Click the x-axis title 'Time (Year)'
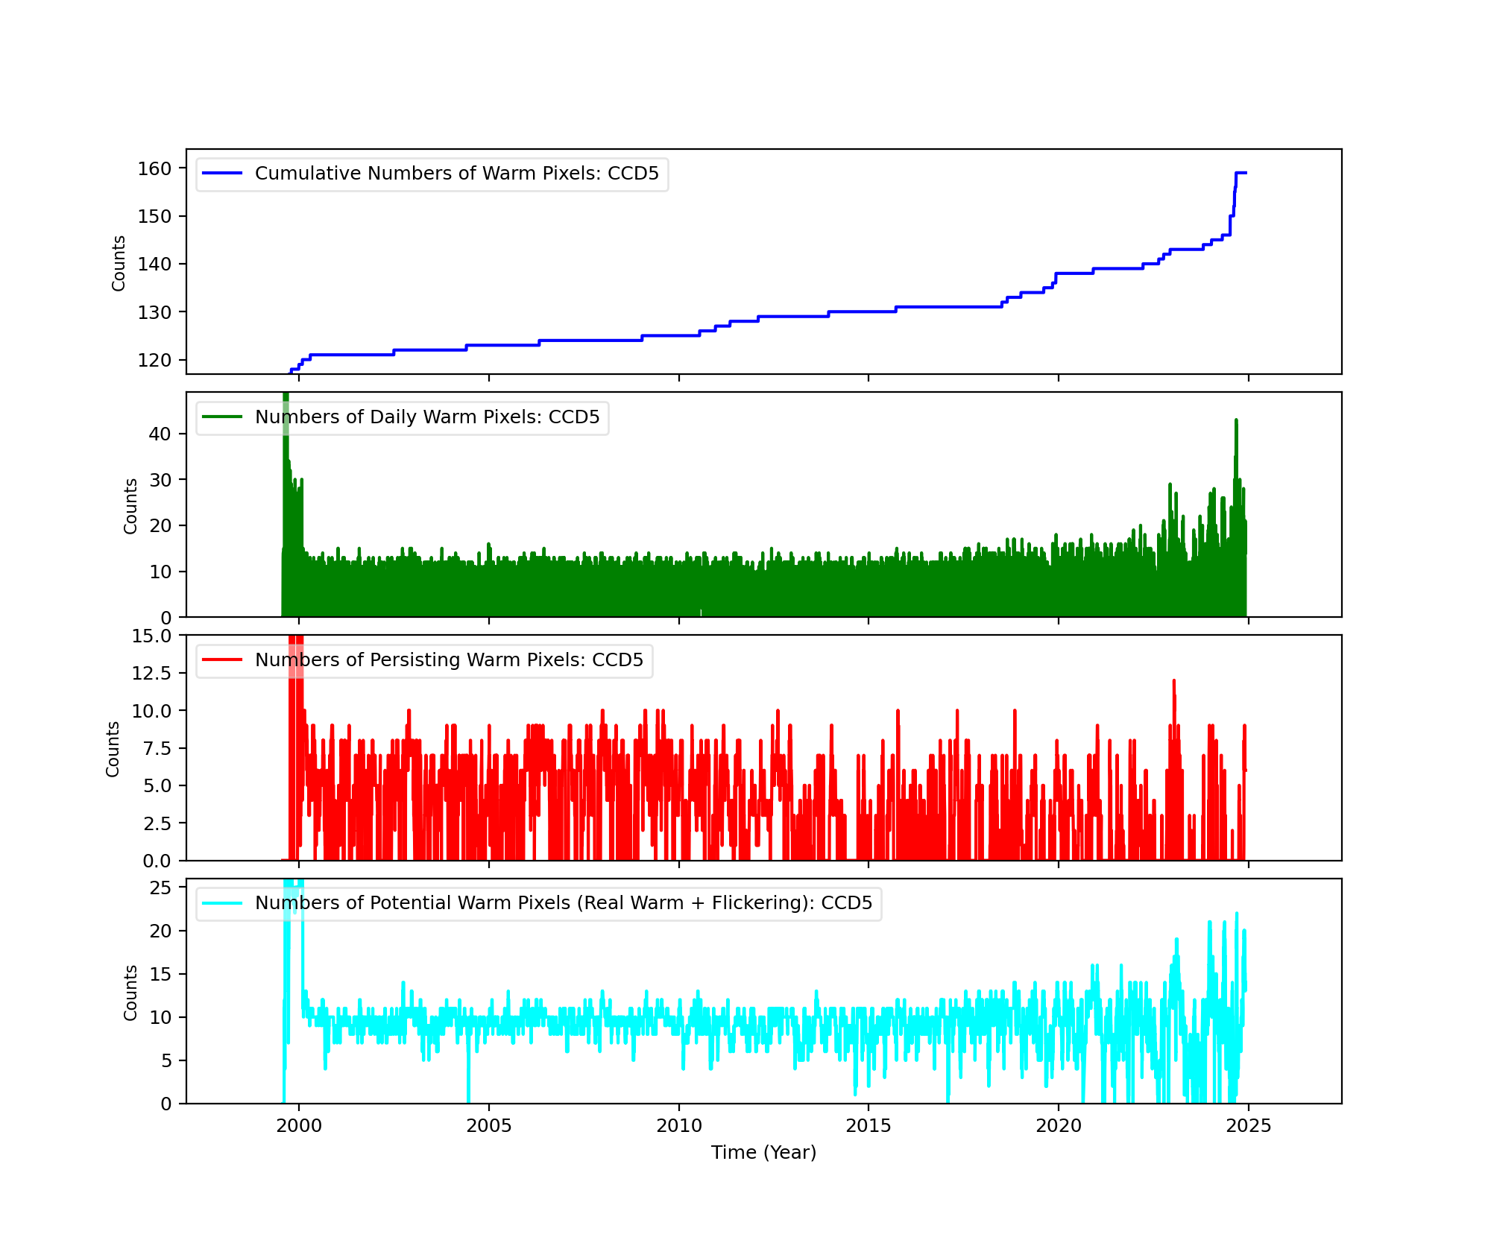click(763, 1153)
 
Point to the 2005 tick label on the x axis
click(488, 1126)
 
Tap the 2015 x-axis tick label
click(869, 1126)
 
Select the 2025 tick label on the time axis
click(1249, 1126)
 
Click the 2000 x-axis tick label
click(298, 1126)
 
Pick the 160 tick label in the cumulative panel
click(154, 169)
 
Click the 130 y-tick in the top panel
click(154, 313)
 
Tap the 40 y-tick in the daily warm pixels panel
click(160, 434)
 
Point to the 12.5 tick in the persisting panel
click(151, 674)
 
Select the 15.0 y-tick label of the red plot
click(151, 636)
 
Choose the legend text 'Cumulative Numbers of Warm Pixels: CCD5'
click(456, 174)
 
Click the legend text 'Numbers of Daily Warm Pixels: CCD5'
click(426, 417)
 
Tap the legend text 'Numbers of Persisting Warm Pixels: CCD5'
click(449, 660)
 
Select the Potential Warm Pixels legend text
click(563, 903)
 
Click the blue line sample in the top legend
click(222, 174)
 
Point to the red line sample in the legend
click(222, 660)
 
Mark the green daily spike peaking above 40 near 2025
click(1236, 422)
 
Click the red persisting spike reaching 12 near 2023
click(1173, 682)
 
